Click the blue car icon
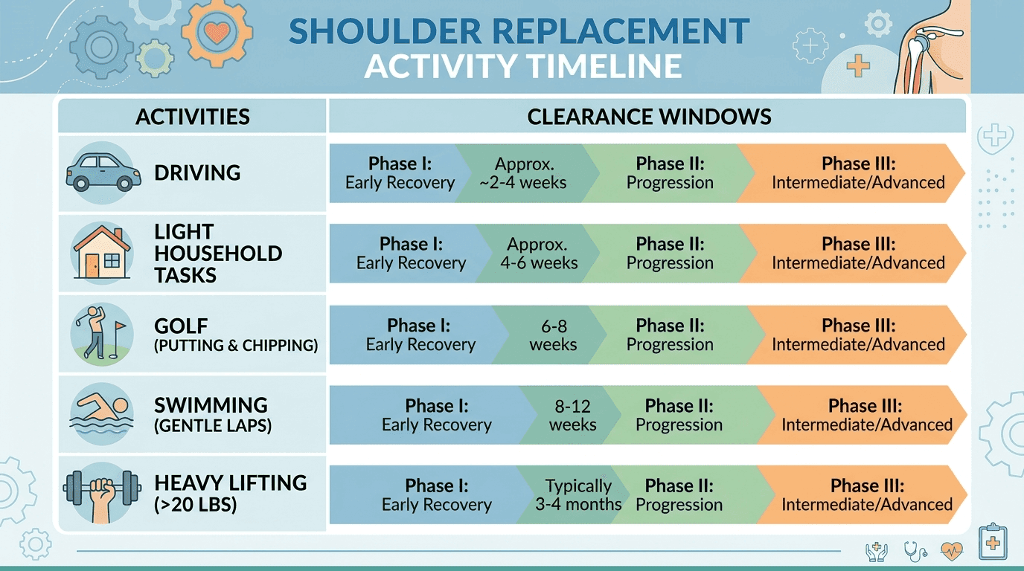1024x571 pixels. pyautogui.click(x=103, y=172)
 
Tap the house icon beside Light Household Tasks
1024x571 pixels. pyautogui.click(x=101, y=253)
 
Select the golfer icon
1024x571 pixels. pyautogui.click(x=100, y=332)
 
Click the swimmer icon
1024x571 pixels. pyautogui.click(x=101, y=414)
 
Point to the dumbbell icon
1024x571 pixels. pyautogui.click(x=102, y=494)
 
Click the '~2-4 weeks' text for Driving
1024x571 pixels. pyautogui.click(x=523, y=183)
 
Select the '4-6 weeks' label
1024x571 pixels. pyautogui.click(x=539, y=263)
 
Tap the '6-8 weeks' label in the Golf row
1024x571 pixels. pyautogui.click(x=554, y=335)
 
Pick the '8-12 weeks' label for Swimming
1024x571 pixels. pyautogui.click(x=573, y=415)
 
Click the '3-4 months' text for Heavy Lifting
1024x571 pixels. pyautogui.click(x=578, y=504)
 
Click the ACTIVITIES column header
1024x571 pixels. pyautogui.click(x=193, y=117)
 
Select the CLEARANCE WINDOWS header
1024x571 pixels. pyautogui.click(x=649, y=117)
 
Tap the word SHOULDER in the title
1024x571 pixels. pyautogui.click(x=385, y=31)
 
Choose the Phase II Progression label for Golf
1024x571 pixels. pyautogui.click(x=670, y=335)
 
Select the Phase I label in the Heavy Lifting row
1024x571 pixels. pyautogui.click(x=437, y=494)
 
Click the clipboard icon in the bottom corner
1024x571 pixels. pyautogui.click(x=993, y=542)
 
